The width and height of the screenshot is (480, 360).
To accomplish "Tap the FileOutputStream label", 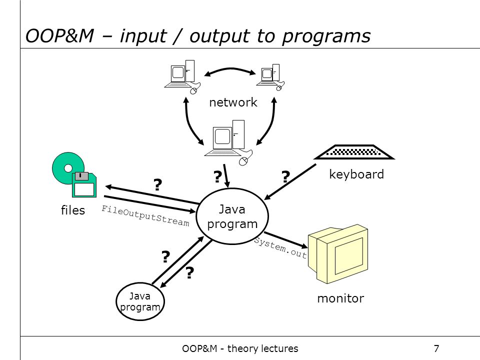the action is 145,216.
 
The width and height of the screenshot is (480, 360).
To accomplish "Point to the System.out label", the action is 280,248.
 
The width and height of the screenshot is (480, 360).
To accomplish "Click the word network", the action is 233,102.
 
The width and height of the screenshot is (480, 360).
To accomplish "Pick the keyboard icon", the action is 354,152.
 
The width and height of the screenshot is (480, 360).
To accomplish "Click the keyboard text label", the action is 356,174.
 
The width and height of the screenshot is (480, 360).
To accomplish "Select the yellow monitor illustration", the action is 338,254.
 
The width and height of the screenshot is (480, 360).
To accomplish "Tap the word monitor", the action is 340,298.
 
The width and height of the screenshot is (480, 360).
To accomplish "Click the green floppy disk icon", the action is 84,184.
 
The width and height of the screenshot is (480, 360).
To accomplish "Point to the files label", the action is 73,210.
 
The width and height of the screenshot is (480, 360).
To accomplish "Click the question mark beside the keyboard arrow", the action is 285,176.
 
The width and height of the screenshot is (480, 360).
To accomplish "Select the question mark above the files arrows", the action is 157,184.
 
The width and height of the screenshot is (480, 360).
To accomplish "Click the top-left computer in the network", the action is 182,77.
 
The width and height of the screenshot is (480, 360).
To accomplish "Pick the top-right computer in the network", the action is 270,77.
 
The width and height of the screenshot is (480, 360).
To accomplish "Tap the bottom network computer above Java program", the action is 228,142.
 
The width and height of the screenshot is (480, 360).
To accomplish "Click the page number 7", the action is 436,348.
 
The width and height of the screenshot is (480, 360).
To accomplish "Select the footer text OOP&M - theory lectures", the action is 240,348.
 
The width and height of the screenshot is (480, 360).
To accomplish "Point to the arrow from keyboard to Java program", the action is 290,182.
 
